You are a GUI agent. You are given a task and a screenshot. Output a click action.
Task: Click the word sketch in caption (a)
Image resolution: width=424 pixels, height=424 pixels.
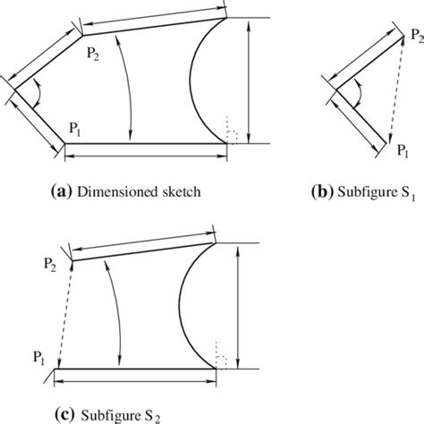tap(179, 191)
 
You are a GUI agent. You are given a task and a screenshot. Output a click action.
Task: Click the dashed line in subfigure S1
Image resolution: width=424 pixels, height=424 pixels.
tap(400, 89)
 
